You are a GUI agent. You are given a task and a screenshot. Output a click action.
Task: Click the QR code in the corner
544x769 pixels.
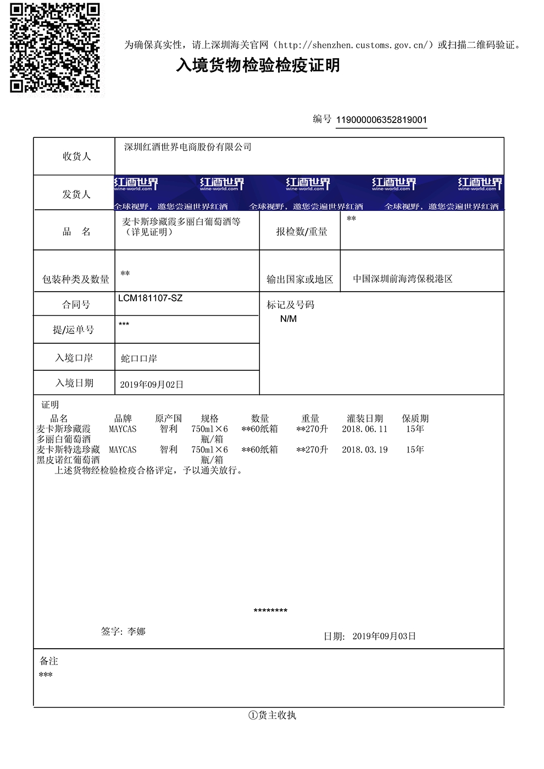[55, 48]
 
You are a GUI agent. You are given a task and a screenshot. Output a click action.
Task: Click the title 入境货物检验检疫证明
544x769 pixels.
[258, 65]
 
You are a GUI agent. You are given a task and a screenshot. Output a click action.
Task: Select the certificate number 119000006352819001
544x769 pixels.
[381, 120]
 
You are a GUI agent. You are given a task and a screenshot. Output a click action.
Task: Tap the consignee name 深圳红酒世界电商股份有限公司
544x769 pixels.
[188, 147]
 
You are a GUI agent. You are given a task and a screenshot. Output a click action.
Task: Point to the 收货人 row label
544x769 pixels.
[76, 157]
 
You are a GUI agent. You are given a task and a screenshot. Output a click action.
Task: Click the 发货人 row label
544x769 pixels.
[76, 194]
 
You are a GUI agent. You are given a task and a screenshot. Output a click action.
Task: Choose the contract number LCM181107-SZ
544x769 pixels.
[150, 298]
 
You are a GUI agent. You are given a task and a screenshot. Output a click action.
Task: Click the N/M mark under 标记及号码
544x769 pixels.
[288, 319]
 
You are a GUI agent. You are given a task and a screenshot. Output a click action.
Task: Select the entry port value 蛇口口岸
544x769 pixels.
[139, 359]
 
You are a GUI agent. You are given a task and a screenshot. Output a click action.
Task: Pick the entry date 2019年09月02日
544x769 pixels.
[152, 384]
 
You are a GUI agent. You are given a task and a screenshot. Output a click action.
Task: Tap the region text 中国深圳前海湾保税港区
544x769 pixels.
[403, 279]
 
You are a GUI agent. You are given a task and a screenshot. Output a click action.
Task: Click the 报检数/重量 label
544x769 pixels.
[302, 232]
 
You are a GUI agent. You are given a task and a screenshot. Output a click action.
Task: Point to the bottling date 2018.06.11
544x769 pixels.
[364, 429]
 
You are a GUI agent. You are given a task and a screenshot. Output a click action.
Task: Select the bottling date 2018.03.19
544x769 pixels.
[364, 450]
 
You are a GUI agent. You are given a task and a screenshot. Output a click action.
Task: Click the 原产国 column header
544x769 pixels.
[168, 419]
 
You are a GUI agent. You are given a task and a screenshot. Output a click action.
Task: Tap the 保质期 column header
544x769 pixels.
[415, 419]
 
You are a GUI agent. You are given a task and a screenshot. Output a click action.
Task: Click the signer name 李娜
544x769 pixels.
[136, 632]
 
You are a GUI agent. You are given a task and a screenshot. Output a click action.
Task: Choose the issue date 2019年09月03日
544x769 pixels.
[384, 636]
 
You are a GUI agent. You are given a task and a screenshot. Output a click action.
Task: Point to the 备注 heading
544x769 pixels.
[49, 661]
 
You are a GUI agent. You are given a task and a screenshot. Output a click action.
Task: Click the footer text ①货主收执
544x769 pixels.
[272, 715]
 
